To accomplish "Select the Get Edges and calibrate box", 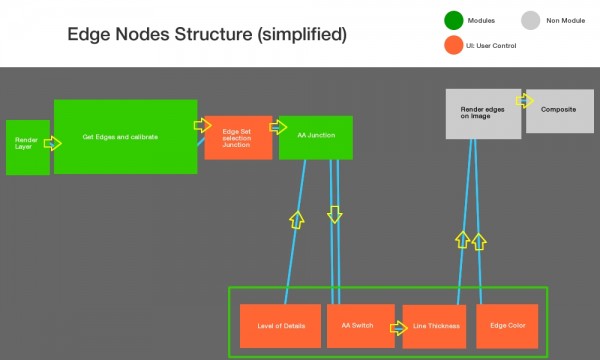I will (125, 136).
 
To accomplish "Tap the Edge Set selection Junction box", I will (238, 137).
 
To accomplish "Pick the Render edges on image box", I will (482, 113).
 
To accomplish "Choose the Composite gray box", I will (559, 111).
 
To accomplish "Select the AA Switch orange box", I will (358, 326).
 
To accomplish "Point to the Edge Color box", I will (508, 326).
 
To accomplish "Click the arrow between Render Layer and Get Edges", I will (52, 144).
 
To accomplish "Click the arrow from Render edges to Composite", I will (525, 101).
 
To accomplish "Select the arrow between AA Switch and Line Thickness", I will (398, 326).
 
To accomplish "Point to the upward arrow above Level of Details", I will (295, 218).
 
